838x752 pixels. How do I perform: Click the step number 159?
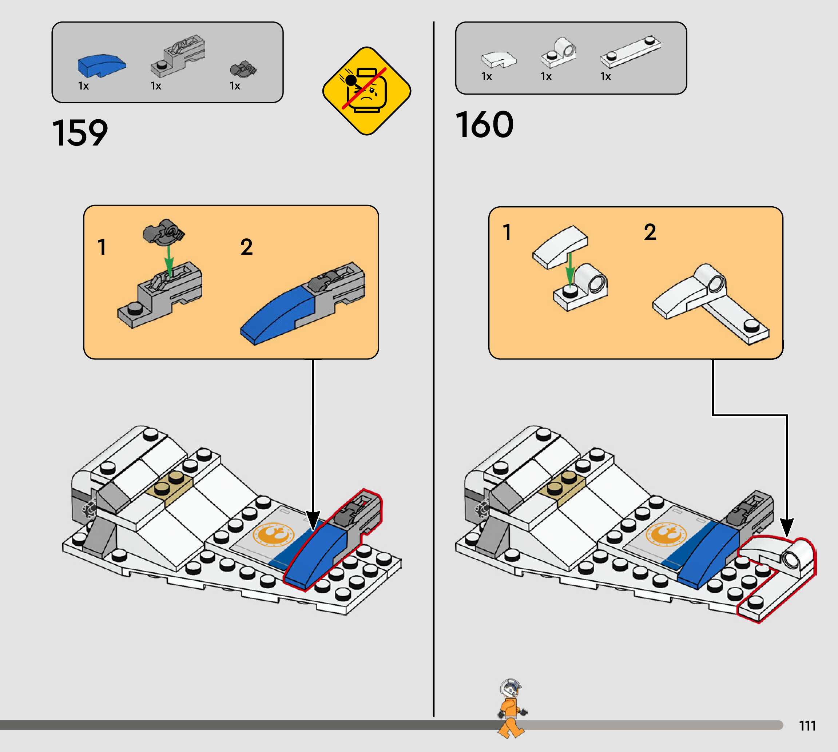click(80, 133)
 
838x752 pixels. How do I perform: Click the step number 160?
click(484, 125)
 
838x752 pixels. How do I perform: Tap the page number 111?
click(807, 725)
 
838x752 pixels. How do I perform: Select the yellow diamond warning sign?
click(366, 91)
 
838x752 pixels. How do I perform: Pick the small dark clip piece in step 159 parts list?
click(243, 69)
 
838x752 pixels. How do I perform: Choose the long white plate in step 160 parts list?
click(630, 52)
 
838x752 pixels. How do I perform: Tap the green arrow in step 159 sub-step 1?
click(169, 260)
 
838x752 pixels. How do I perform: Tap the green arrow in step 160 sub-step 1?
click(570, 268)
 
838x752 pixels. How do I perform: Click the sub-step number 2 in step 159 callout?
click(246, 247)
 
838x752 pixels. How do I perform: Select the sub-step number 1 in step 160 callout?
click(507, 232)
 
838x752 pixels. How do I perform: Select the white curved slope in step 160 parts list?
click(499, 60)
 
